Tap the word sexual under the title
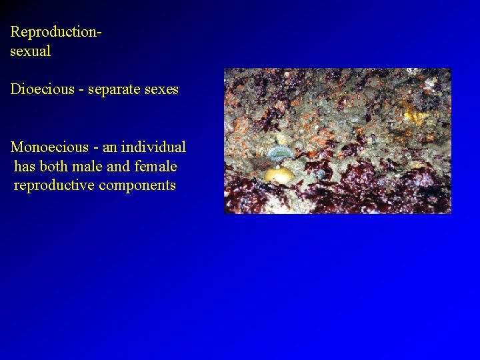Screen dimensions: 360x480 pyautogui.click(x=30, y=51)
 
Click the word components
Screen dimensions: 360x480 pyautogui.click(x=137, y=185)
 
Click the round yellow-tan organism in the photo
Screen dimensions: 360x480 pyautogui.click(x=279, y=175)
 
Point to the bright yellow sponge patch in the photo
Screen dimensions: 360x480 pyautogui.click(x=415, y=116)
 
